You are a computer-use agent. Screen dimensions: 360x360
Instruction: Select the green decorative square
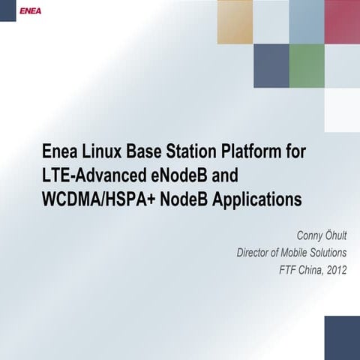[306, 65]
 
